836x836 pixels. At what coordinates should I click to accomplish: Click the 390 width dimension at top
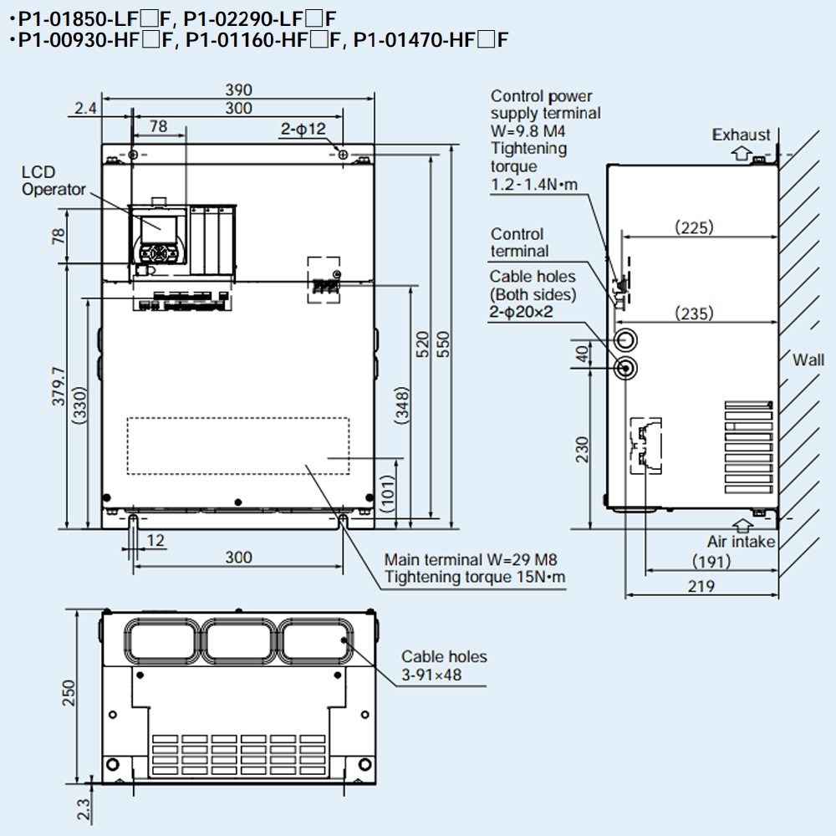[239, 90]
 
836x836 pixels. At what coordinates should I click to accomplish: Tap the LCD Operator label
[54, 181]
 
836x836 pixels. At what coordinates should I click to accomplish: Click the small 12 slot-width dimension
[155, 541]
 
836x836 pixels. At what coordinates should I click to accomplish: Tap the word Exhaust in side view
[741, 135]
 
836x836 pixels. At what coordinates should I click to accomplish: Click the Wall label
[808, 360]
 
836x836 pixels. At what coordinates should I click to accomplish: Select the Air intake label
[741, 542]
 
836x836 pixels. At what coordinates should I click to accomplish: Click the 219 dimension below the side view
[702, 586]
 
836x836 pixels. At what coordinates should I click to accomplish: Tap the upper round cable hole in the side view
[624, 339]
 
